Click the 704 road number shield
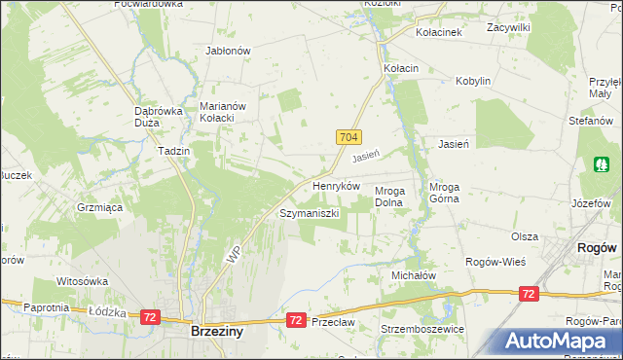click(350, 139)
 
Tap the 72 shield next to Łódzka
click(149, 317)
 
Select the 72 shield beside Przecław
click(294, 319)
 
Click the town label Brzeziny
click(216, 332)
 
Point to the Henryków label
click(336, 185)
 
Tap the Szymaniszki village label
click(309, 212)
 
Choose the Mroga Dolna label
click(396, 197)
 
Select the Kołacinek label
click(438, 31)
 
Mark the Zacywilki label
click(508, 28)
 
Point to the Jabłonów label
click(229, 51)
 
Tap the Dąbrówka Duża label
click(159, 117)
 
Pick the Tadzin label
click(172, 152)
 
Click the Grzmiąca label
click(98, 207)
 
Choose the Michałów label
click(413, 275)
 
